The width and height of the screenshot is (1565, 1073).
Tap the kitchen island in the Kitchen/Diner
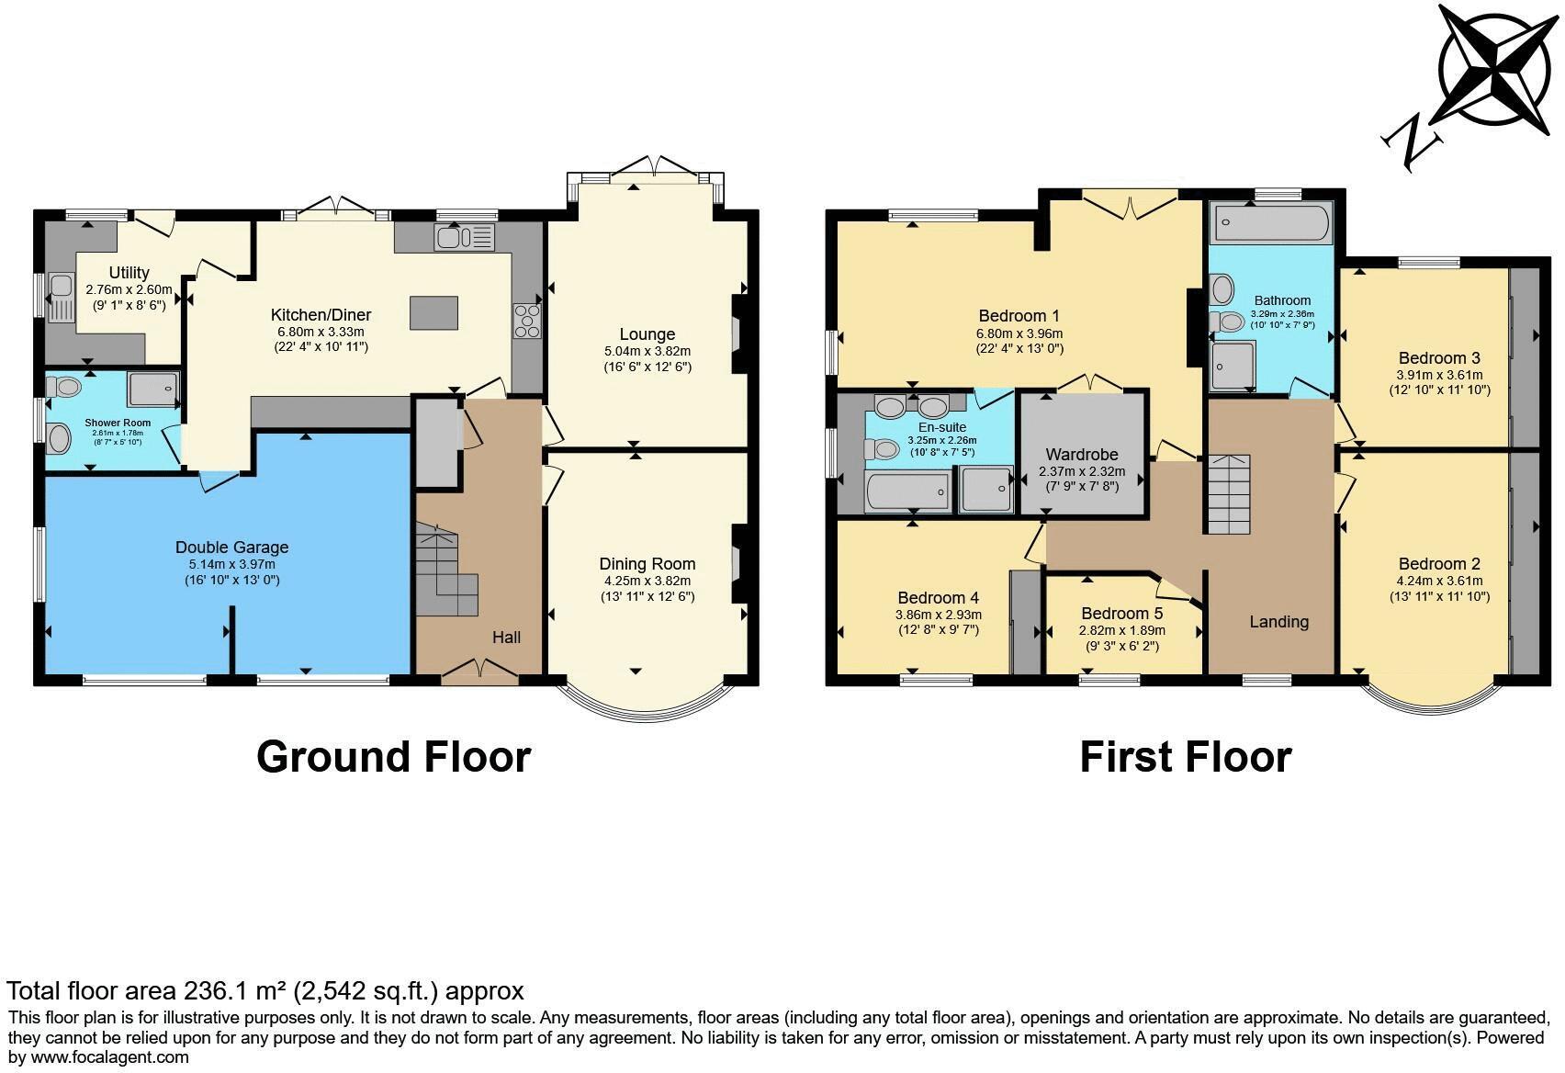tap(433, 312)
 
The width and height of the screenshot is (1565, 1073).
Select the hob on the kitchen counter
tap(529, 322)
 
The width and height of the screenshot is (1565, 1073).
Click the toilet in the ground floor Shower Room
tap(58, 439)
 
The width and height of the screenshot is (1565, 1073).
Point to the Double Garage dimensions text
tap(231, 572)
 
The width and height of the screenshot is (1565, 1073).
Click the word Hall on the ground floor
tap(506, 638)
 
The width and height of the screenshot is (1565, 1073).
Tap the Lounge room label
tap(647, 334)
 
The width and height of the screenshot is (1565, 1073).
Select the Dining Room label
tap(647, 564)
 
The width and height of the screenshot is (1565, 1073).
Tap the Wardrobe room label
tap(1081, 455)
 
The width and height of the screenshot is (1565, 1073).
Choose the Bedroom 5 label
tap(1121, 614)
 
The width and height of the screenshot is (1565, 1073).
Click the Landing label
tap(1278, 622)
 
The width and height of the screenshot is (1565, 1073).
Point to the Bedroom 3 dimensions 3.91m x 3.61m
tap(1439, 375)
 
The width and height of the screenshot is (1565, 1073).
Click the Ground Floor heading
tap(393, 757)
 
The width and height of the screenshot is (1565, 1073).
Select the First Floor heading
tap(1185, 757)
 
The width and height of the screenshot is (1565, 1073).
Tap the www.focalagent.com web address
tap(110, 1056)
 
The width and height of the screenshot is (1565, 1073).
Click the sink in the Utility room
tap(62, 297)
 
